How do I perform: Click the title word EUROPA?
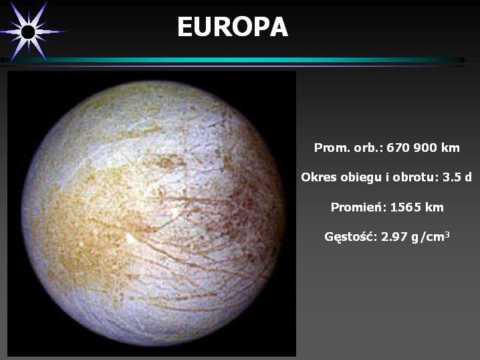[233, 27]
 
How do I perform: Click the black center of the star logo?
[28, 32]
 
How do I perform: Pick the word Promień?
[359, 207]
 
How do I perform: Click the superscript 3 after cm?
[447, 234]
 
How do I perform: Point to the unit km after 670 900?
[451, 148]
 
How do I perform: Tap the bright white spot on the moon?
[131, 238]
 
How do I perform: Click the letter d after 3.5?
[468, 177]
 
